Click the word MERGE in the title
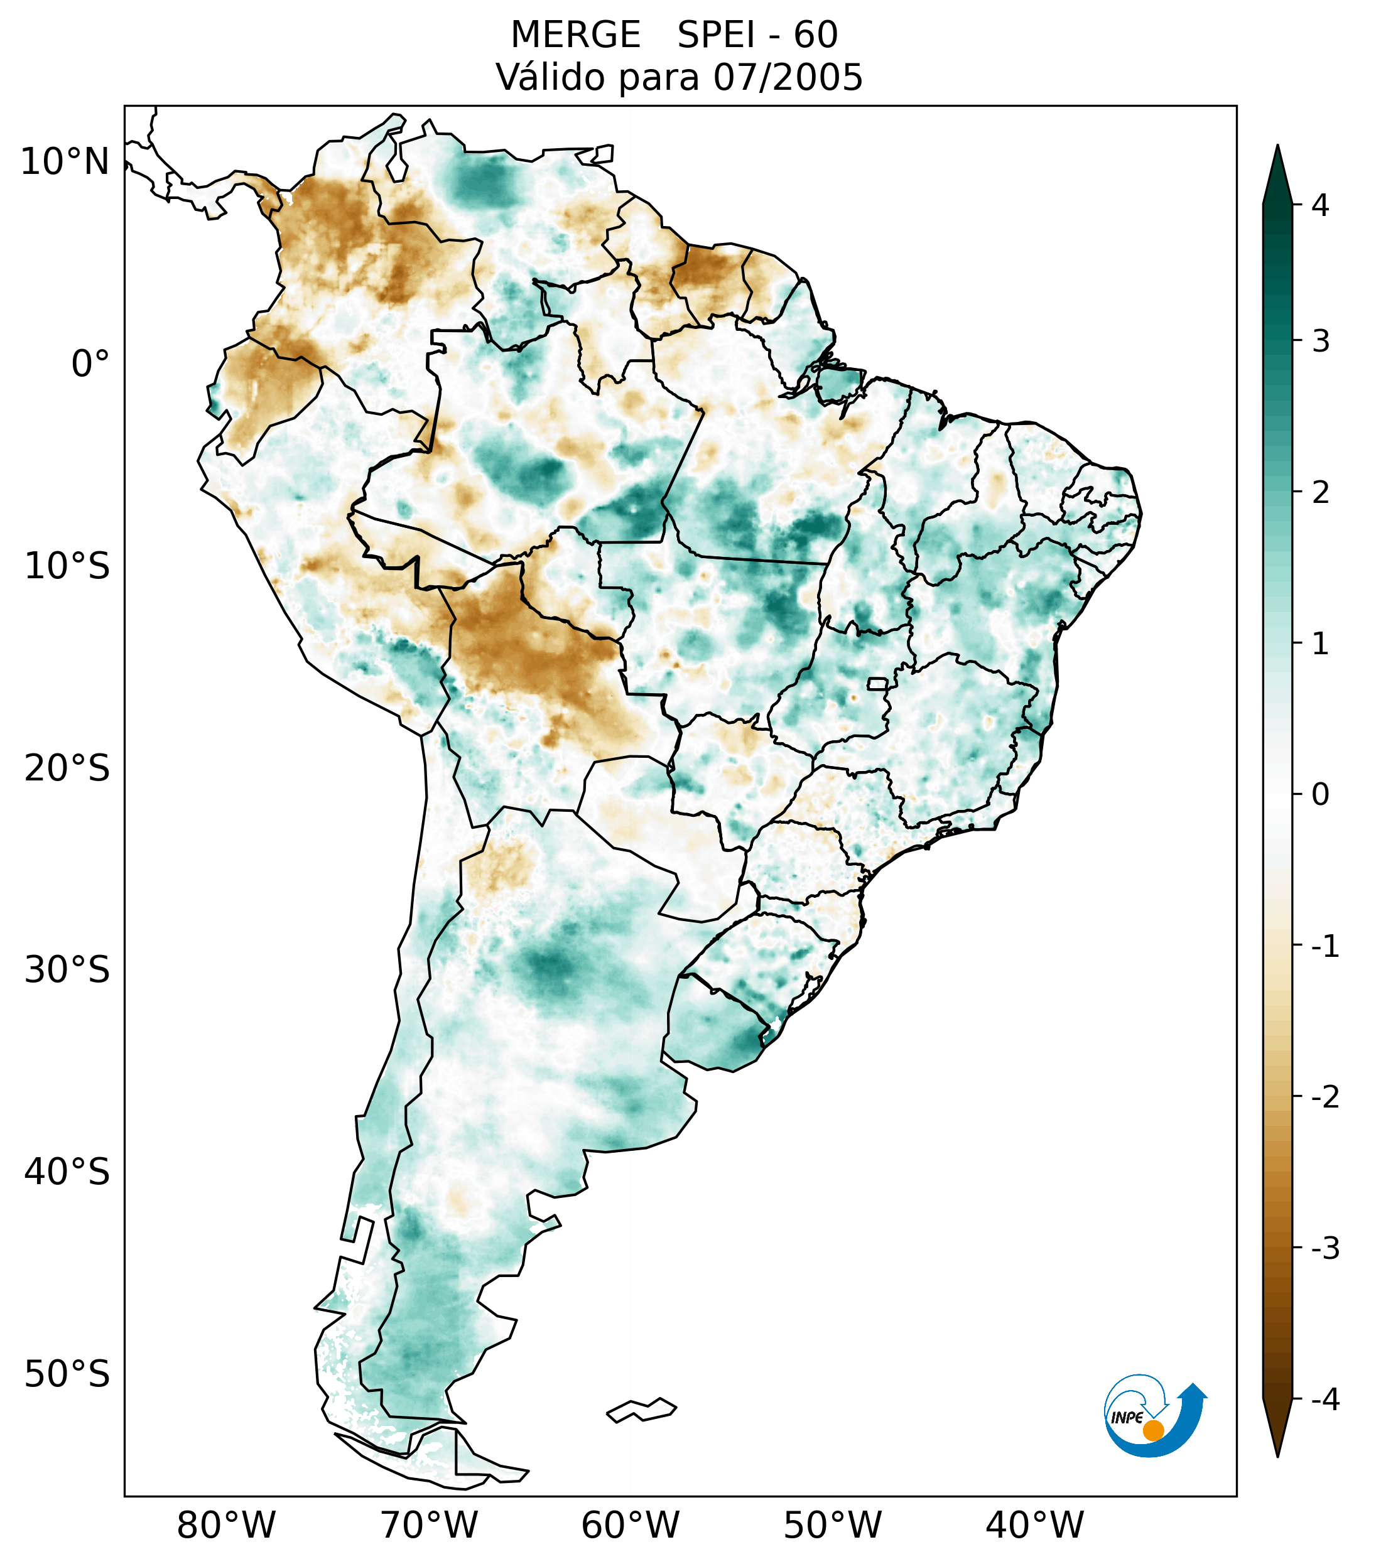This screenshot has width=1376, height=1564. tap(575, 35)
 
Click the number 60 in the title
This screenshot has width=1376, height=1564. tap(815, 35)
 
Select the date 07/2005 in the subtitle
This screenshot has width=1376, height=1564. tap(788, 77)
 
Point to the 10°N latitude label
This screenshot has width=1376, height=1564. tap(65, 162)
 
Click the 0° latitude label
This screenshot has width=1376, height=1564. tap(90, 364)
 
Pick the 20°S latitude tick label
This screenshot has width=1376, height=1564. tap(67, 769)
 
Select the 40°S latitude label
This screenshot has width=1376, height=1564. tap(67, 1172)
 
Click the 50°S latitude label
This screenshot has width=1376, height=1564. tap(67, 1374)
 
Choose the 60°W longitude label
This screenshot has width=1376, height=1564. tap(630, 1525)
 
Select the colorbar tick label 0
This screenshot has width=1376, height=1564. tap(1320, 794)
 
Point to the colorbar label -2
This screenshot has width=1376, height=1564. tap(1325, 1096)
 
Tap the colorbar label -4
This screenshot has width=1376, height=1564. tap(1325, 1400)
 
